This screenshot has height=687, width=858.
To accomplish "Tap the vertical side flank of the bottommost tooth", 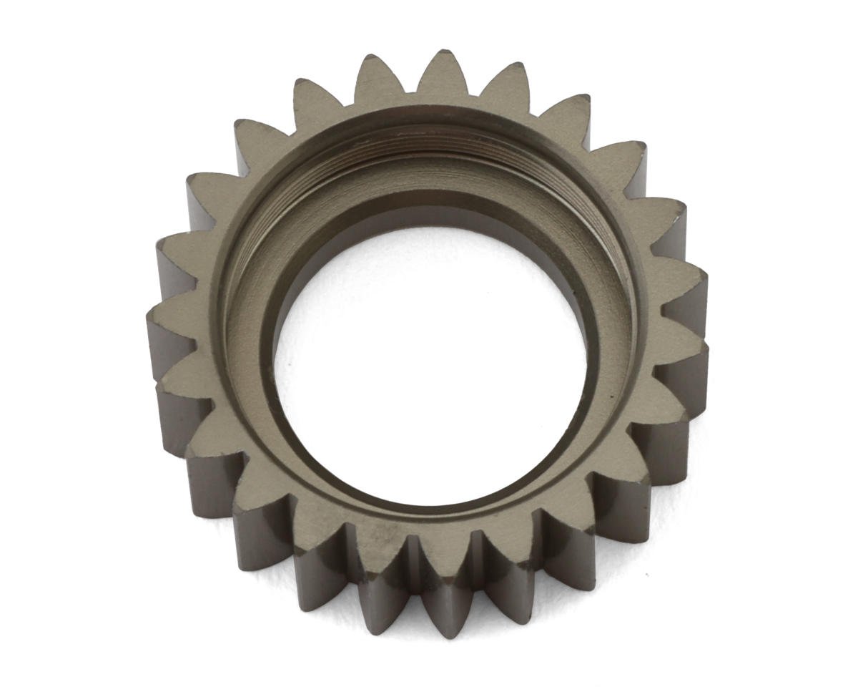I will pyautogui.click(x=438, y=608).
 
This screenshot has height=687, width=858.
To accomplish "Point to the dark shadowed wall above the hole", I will pyautogui.click(x=429, y=215).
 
